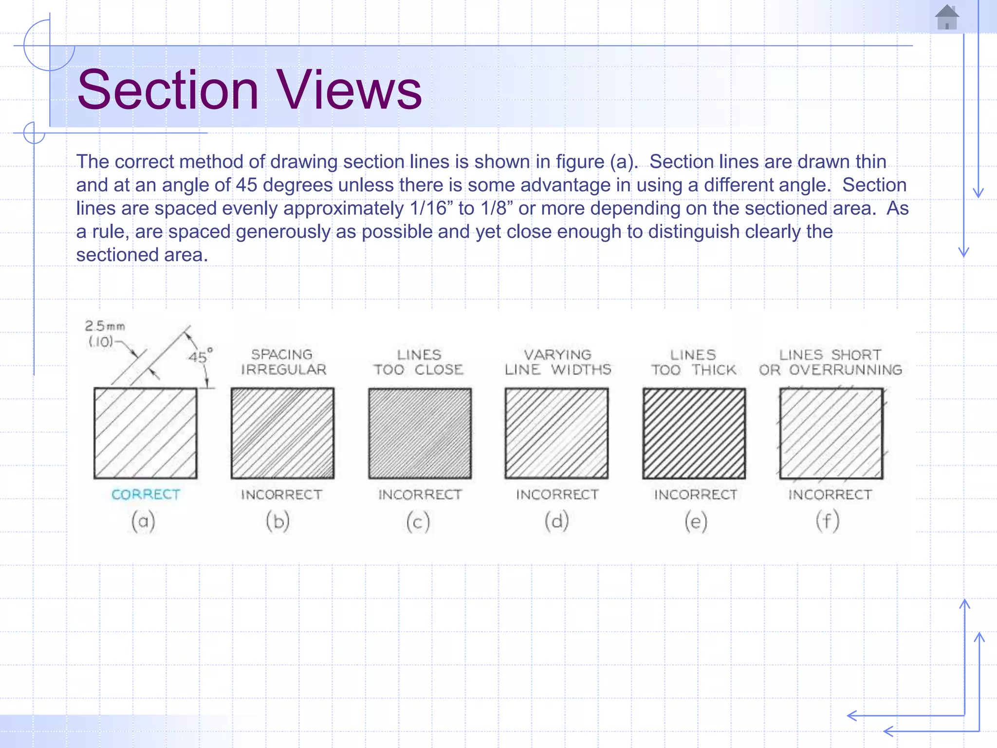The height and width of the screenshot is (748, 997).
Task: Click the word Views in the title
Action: pyautogui.click(x=349, y=90)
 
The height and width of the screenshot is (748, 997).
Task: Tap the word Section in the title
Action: pyautogui.click(x=168, y=90)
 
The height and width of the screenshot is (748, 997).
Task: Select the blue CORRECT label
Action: pyautogui.click(x=146, y=494)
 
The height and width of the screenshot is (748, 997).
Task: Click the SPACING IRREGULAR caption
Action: pyautogui.click(x=283, y=362)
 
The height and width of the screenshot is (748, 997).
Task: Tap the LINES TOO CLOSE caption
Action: pyautogui.click(x=419, y=362)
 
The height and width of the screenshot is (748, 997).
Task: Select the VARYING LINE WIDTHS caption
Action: pyautogui.click(x=557, y=362)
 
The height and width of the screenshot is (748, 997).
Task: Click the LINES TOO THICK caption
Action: pyautogui.click(x=694, y=362)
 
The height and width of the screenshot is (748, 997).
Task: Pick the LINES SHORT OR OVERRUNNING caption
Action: pyautogui.click(x=831, y=362)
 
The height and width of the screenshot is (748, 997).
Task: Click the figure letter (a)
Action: pyautogui.click(x=143, y=521)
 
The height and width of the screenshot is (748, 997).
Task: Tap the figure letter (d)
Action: pyautogui.click(x=556, y=521)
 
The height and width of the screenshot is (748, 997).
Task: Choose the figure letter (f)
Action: pyautogui.click(x=828, y=521)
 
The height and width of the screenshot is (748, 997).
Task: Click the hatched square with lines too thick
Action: pyautogui.click(x=694, y=433)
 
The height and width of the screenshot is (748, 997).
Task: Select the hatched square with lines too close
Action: pyautogui.click(x=420, y=433)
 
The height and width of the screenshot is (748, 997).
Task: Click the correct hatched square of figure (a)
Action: pyautogui.click(x=146, y=433)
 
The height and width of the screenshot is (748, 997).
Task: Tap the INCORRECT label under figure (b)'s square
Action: pyautogui.click(x=281, y=495)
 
